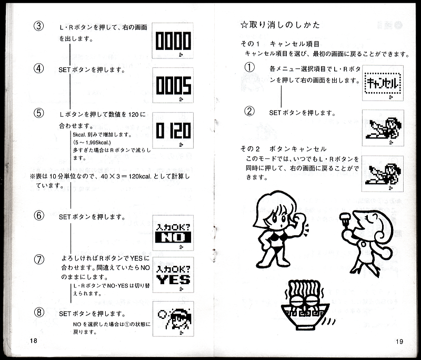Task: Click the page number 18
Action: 34,341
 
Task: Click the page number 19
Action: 399,342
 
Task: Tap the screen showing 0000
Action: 173,41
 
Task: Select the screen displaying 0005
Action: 173,85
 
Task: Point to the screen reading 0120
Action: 173,131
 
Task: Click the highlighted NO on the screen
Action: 173,237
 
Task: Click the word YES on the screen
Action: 173,279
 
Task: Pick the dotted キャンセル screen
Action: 383,83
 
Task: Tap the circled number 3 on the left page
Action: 38,26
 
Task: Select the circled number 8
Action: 39,312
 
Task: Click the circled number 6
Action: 39,216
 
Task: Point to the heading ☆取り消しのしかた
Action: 280,25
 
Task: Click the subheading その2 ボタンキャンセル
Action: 283,149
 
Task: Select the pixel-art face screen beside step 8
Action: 173,319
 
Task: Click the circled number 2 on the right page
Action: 249,111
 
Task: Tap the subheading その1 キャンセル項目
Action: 280,44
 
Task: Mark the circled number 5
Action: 39,113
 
